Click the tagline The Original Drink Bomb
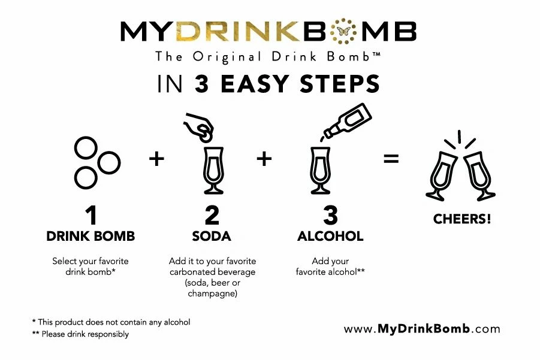(269, 57)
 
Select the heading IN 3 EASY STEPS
(269, 84)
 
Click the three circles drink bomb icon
(95, 161)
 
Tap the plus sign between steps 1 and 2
(156, 159)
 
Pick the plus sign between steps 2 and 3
(264, 159)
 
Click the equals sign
(391, 159)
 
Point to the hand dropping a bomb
(200, 123)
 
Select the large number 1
(90, 214)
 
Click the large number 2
(211, 214)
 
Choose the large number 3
(330, 214)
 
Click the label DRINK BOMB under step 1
(90, 236)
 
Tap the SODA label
(211, 236)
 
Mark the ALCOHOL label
(330, 236)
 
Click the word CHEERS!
(462, 219)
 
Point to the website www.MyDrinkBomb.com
(422, 329)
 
